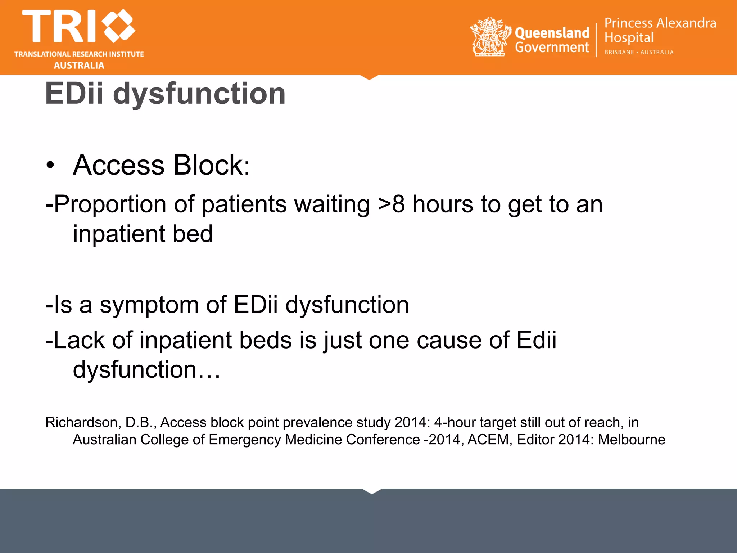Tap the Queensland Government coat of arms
490,37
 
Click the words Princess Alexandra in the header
660,23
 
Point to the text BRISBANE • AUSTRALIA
639,52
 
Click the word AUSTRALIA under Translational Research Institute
79,66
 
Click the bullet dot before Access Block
50,166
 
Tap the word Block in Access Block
211,165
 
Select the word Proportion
110,204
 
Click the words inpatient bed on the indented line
143,234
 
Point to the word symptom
149,305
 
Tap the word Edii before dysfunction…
536,340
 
